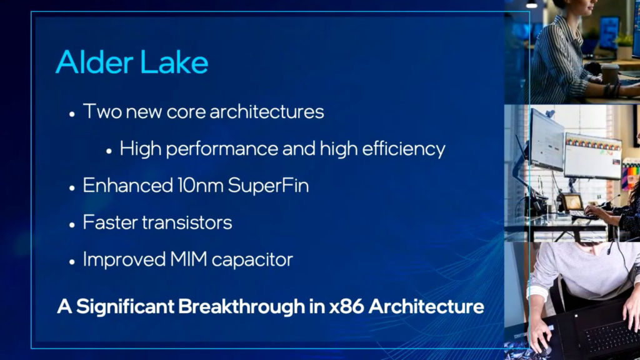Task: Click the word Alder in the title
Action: tap(94, 62)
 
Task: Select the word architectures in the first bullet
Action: tap(266, 111)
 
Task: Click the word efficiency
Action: tap(404, 149)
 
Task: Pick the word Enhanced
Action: tap(127, 185)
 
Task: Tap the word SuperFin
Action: tap(268, 185)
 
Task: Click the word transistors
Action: tap(187, 222)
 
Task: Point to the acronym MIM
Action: tap(188, 259)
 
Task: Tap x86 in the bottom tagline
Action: tap(346, 307)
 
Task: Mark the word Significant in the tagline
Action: tap(125, 307)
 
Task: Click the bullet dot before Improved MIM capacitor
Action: tap(72, 262)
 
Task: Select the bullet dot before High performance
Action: tap(109, 151)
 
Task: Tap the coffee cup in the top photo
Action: tap(610, 74)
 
